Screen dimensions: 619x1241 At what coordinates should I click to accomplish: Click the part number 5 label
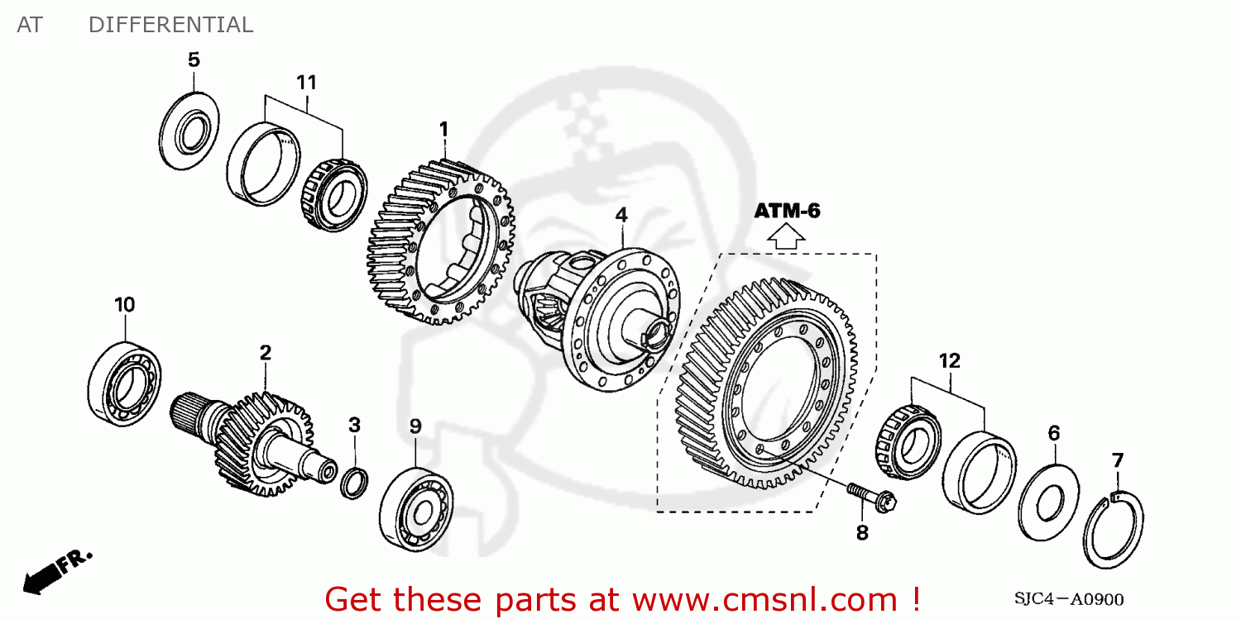pos(193,60)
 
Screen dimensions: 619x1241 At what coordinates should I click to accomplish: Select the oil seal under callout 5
pos(189,133)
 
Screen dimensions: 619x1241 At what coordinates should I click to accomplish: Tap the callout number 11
pos(306,83)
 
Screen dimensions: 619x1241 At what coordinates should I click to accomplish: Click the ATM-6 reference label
pos(786,212)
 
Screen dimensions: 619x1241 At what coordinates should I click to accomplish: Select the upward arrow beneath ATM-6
pos(786,239)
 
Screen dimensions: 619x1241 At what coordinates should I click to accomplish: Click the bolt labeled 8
pos(872,497)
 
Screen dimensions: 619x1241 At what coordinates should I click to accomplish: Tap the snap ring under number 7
pos(1113,530)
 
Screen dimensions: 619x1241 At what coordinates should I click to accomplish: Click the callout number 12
pos(949,360)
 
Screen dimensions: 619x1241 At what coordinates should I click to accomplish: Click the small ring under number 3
pos(354,483)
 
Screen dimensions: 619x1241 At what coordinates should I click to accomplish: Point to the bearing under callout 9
pos(414,507)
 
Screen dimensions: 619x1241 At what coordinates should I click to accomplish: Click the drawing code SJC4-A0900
pos(1068,599)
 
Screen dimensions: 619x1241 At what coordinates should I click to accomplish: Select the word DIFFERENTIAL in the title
pos(170,25)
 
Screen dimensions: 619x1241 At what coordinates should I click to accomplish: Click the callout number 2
pos(265,353)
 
